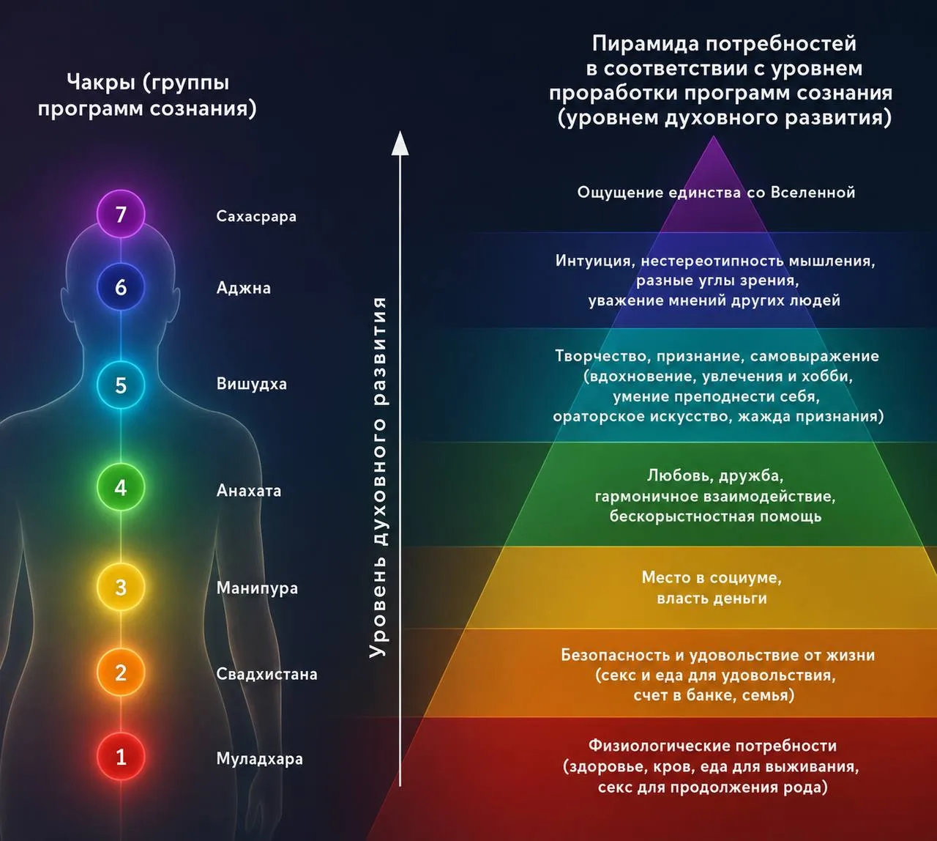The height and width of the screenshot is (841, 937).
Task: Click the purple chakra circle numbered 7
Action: coord(121,214)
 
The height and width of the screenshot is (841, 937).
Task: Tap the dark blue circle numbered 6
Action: coord(121,287)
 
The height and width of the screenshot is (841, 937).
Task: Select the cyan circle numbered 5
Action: coord(121,385)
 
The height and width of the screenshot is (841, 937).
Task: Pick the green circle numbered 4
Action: coord(121,487)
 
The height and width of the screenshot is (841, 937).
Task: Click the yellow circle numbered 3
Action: coord(121,587)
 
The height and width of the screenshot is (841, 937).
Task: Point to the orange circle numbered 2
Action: coord(121,672)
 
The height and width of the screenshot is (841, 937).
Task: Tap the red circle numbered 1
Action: coord(121,757)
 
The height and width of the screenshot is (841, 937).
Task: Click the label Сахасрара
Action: coord(256,217)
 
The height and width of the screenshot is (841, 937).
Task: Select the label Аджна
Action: coord(243,289)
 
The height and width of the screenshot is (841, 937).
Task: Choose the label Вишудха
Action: coord(252,384)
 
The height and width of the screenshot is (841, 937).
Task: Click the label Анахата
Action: coord(249,491)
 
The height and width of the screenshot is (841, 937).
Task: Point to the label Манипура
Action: coord(257,588)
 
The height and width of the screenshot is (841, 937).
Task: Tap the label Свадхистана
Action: coord(267,674)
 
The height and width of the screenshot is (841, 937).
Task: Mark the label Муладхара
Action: coord(259,759)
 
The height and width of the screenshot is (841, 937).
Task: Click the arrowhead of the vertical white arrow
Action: coord(400,144)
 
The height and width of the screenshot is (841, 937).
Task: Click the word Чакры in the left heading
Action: coord(101,84)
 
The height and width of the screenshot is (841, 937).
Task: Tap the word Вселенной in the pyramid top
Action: coord(813,193)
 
